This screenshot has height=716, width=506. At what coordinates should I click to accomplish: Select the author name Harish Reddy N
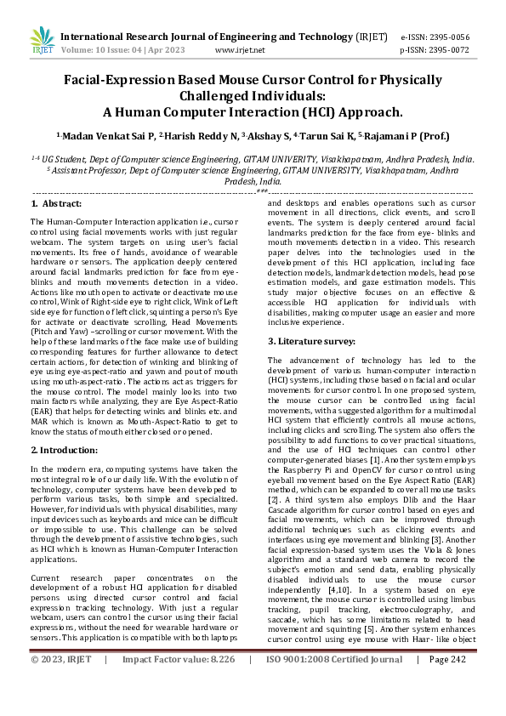coord(197,136)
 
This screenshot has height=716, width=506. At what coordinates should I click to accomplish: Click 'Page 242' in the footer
coord(447,683)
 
